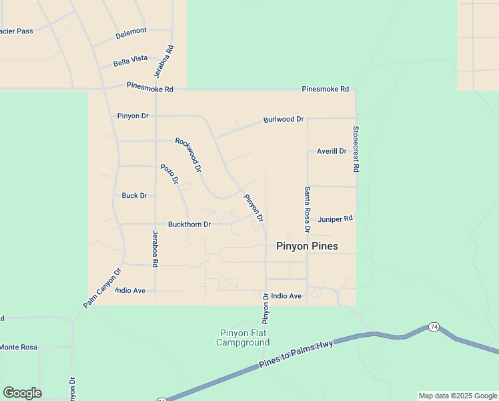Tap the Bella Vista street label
[x=130, y=60]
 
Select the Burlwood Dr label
[x=283, y=120]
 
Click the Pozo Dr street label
[x=169, y=174]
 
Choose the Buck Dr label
[x=134, y=196]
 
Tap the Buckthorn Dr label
[x=189, y=225]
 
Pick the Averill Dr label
[x=332, y=151]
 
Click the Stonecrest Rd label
[x=356, y=150]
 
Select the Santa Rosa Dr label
[x=308, y=209]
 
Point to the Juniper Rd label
[x=335, y=219]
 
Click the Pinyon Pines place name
[x=307, y=246]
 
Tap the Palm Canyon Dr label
[x=102, y=288]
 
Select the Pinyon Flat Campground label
[x=243, y=338]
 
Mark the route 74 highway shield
[x=434, y=327]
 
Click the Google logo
[x=22, y=393]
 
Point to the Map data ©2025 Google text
[x=458, y=396]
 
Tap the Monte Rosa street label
[x=19, y=347]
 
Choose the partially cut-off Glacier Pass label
[x=16, y=31]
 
